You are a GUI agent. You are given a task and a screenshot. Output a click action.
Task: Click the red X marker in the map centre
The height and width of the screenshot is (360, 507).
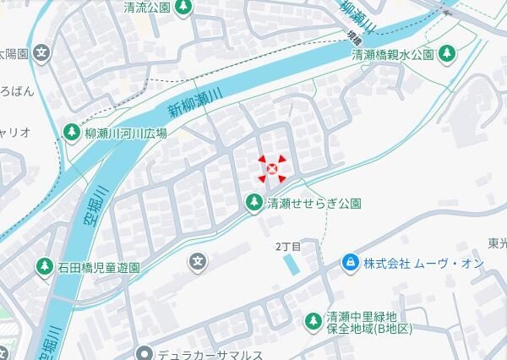coord(272,170)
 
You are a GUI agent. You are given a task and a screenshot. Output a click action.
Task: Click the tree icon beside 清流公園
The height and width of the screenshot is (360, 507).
coord(183,8)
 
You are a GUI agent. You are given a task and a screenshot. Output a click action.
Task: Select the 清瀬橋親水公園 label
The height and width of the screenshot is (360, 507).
coord(392,54)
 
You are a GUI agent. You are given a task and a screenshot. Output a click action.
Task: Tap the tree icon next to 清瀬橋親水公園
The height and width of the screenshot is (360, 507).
coord(447,54)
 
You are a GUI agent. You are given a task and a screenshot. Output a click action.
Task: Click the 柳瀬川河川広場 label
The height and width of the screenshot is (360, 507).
coord(126,133)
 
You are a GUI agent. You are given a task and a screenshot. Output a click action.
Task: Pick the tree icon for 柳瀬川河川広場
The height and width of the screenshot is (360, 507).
coord(72,133)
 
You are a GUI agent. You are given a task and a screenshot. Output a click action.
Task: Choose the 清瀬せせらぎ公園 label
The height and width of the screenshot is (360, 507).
coord(314,203)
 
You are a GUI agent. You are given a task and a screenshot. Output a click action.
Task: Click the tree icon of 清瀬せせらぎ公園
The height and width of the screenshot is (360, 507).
coord(253,203)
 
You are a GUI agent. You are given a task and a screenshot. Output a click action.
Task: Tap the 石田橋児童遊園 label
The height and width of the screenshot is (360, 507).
coord(99,267)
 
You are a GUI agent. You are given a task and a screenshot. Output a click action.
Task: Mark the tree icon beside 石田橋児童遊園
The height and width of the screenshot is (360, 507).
coord(44,267)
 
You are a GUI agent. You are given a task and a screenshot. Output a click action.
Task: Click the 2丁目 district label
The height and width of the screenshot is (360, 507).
coord(288,246)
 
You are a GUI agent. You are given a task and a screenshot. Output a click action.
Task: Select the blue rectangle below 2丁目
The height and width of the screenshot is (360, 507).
coord(292,264)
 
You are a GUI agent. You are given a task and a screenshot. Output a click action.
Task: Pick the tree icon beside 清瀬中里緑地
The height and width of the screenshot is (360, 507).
coord(313,320)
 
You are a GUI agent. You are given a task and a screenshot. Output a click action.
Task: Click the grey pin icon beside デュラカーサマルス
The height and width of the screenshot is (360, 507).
coord(145,353)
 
